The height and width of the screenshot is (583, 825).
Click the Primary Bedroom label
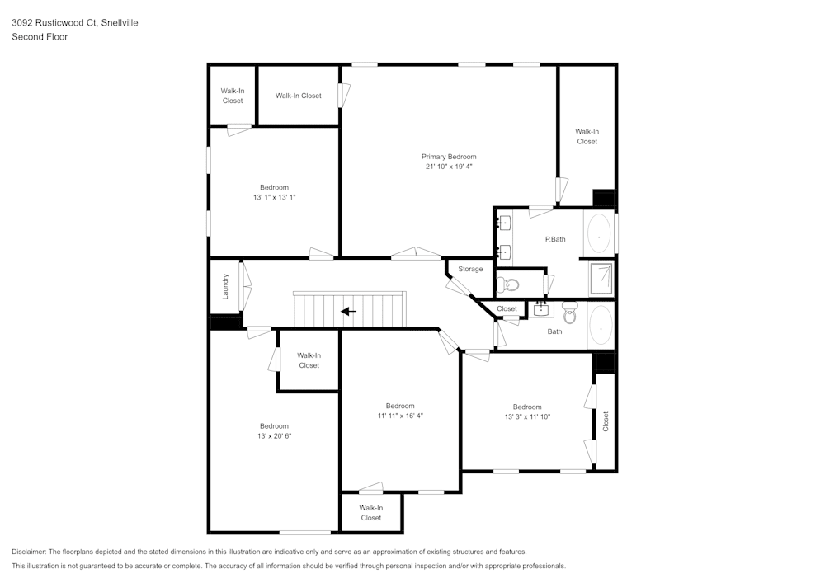pos(449,157)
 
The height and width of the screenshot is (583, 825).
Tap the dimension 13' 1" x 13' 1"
pos(274,197)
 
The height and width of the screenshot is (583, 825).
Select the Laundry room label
pos(225,286)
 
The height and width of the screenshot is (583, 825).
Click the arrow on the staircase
pos(349,312)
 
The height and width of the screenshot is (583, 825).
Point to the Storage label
pos(470,270)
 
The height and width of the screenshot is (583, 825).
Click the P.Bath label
pos(555,239)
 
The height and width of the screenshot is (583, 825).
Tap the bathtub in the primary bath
pos(600,234)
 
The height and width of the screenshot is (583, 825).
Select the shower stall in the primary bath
pos(601,279)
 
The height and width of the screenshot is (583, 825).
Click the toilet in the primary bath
pos(509,285)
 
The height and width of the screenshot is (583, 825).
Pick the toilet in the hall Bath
pos(569,312)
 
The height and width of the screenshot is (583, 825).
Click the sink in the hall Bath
pos(541,310)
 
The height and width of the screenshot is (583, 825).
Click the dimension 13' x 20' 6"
pos(274,435)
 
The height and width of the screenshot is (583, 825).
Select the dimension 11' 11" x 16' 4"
pos(400,416)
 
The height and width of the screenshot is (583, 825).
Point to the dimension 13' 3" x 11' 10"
pos(527,416)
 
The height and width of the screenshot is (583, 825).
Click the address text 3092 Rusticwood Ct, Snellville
pos(74,23)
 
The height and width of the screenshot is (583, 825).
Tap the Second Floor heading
pos(40,37)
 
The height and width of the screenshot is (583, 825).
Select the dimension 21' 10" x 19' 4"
pos(449,167)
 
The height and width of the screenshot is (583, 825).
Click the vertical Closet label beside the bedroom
pos(606,421)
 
